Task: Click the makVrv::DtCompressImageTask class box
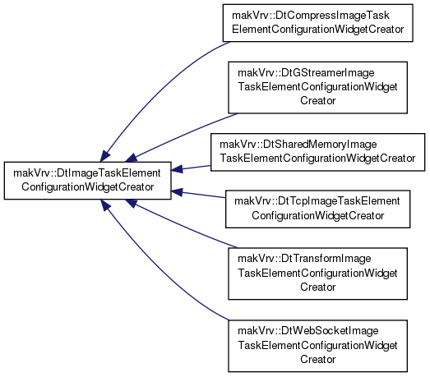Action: (317, 23)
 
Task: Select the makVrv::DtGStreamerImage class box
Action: (317, 87)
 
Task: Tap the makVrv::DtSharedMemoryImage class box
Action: (317, 152)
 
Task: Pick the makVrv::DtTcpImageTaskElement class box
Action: (317, 209)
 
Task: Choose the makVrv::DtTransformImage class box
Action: (317, 274)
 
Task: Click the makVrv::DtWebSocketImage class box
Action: (317, 346)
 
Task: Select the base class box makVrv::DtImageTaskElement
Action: (87, 181)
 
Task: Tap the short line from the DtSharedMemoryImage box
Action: (191, 168)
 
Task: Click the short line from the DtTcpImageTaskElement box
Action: (198, 195)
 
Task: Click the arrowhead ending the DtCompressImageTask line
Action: (104, 156)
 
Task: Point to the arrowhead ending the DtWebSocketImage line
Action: (104, 205)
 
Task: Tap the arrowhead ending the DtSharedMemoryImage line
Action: (177, 168)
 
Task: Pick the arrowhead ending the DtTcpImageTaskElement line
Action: (177, 192)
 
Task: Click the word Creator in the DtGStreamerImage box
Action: (317, 101)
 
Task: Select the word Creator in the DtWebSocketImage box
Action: (317, 359)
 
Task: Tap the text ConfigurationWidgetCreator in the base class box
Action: (87, 187)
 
